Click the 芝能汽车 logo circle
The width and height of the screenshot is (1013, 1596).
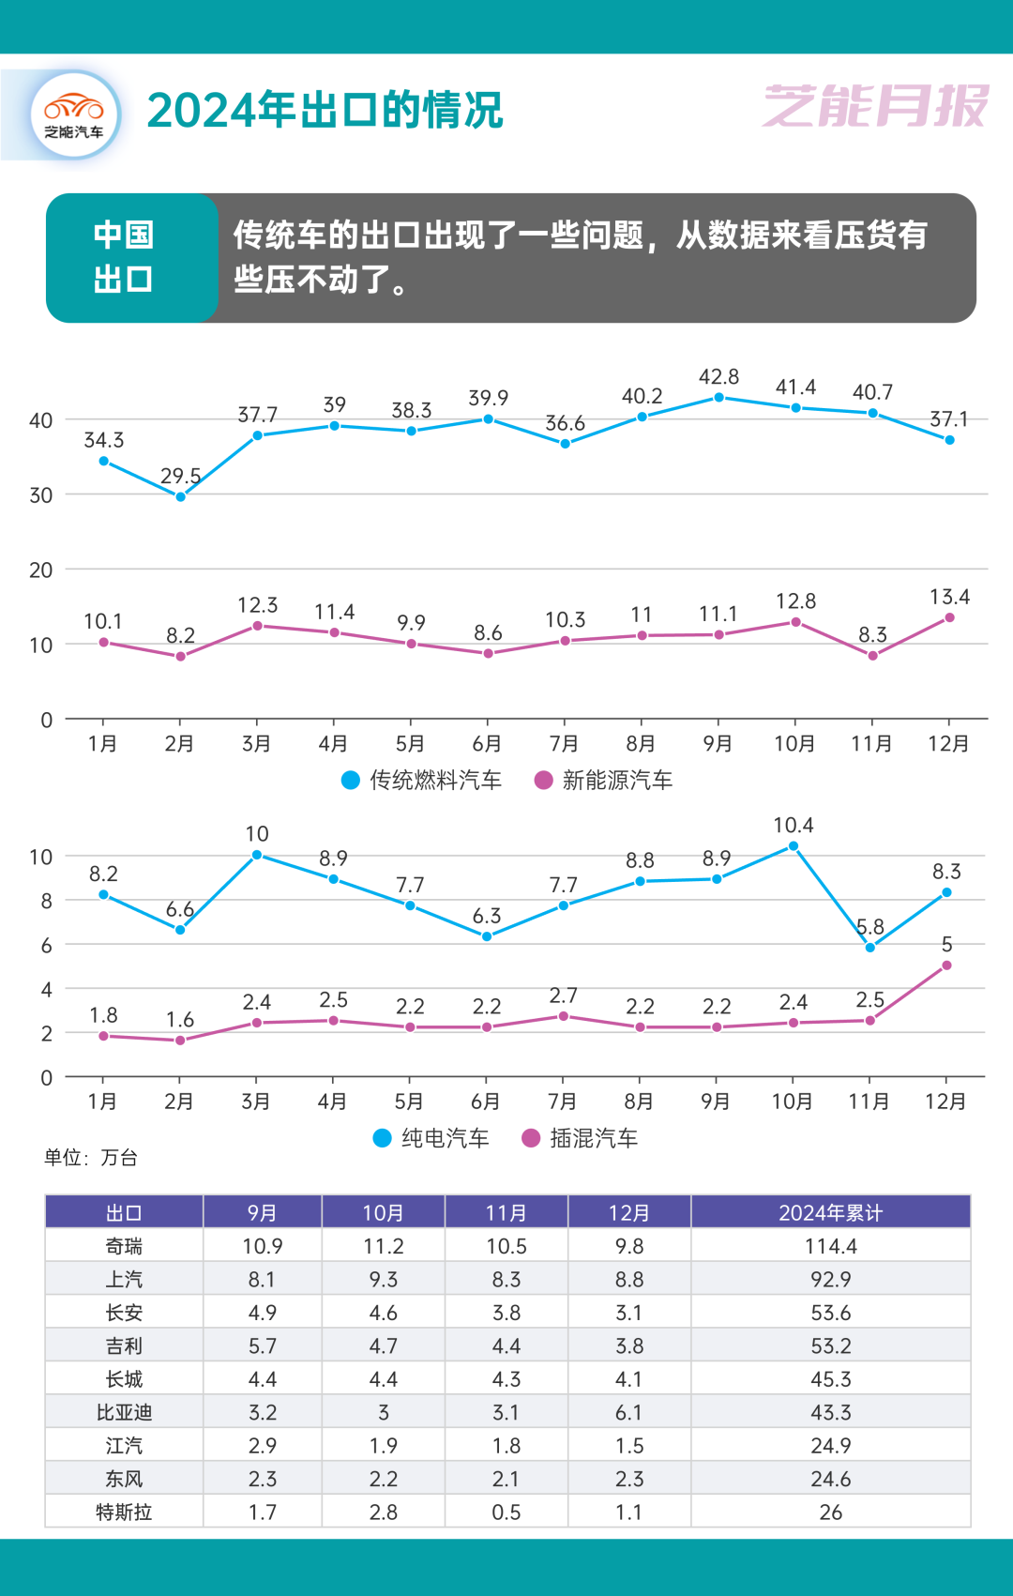pos(75,114)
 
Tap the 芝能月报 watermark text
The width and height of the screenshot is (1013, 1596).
pos(875,105)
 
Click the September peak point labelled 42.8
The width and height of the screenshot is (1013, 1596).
pos(719,397)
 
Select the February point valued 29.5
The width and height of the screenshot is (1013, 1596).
pos(180,496)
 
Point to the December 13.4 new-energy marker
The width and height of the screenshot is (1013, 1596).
pos(949,617)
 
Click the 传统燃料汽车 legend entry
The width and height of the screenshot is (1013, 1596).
pos(422,780)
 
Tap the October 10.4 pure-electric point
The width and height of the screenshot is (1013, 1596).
pos(794,846)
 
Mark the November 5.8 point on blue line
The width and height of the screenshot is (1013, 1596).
pos(870,948)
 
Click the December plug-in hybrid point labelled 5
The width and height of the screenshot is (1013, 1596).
pos(946,965)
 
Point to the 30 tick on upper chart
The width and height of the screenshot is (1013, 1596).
pos(41,495)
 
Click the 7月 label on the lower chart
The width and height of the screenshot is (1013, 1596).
pos(562,1101)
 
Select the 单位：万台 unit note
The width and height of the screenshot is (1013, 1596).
pos(91,1158)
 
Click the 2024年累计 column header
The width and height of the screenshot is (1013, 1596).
pos(830,1212)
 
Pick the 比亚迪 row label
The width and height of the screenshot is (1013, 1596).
pos(124,1412)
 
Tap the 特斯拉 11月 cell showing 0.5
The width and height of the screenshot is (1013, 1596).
pos(506,1512)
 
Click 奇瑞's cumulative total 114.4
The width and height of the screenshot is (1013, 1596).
pos(830,1246)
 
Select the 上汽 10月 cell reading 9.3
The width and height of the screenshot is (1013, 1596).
pos(383,1279)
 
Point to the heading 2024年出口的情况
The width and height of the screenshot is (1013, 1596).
pos(325,111)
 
